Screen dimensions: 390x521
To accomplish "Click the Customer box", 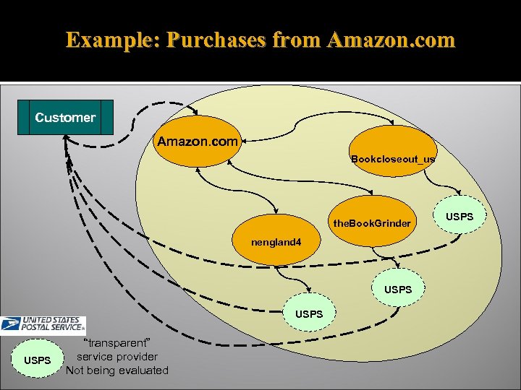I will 65,117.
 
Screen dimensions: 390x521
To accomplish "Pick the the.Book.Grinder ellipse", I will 372,222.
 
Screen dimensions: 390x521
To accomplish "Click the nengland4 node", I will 276,242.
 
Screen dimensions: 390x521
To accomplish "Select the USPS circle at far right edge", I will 459,217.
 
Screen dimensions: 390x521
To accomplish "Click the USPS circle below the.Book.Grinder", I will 398,289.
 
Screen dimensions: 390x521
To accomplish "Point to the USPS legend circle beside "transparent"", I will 37,360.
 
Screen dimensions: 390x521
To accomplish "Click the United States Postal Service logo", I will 43,326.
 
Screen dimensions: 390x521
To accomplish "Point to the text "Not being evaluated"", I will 117,370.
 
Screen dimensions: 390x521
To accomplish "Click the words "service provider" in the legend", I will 117,356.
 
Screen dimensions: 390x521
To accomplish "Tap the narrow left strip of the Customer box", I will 24,117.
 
